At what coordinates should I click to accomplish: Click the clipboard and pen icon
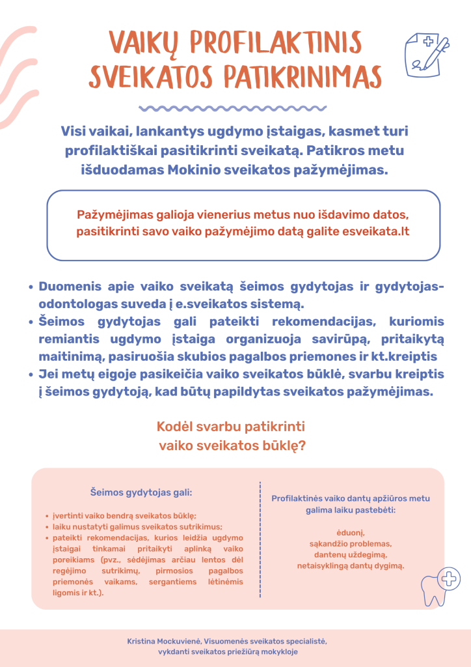point(426,53)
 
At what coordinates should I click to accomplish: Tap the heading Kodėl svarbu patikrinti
point(231,427)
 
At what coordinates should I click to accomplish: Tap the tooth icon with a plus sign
point(439,588)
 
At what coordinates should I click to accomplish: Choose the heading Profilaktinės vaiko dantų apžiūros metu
point(351,498)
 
